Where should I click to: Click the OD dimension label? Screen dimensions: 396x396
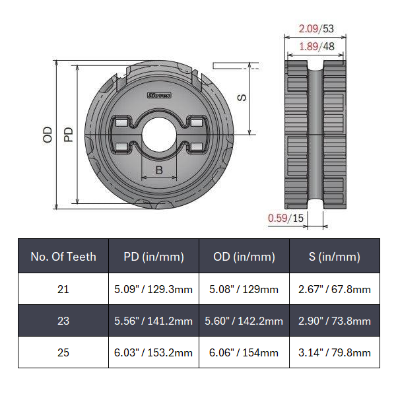pos(48,135)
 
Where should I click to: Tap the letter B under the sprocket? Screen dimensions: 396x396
pos(159,170)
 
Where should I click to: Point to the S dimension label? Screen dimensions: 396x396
pos(242,97)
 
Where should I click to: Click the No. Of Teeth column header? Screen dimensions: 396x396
pos(63,257)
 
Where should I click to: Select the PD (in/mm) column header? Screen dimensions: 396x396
pos(154,257)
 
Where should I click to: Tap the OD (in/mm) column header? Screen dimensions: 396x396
pos(244,257)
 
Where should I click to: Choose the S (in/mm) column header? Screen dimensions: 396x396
pos(335,257)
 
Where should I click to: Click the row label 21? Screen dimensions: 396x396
pos(63,289)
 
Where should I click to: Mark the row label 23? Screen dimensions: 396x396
pos(63,321)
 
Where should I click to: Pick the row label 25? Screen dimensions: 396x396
pos(63,352)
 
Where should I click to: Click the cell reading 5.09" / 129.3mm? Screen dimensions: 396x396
pos(154,289)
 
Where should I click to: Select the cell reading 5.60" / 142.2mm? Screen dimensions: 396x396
pos(244,321)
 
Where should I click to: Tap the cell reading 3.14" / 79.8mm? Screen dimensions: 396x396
pos(335,352)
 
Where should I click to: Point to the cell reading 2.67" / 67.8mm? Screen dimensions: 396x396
pos(335,289)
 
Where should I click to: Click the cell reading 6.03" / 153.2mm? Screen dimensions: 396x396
pos(154,352)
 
